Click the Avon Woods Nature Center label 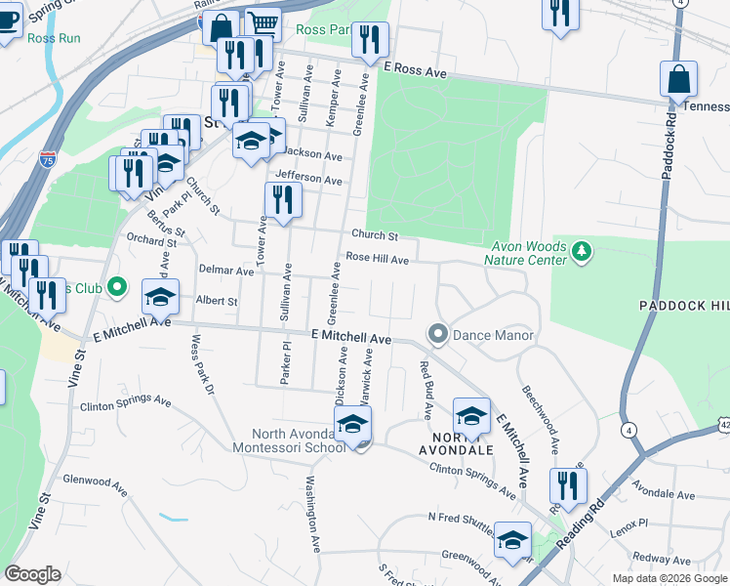(x=527, y=253)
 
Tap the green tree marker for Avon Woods (x=582, y=253)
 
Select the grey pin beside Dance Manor (x=438, y=335)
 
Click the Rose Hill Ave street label (x=376, y=260)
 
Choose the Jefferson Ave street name (x=308, y=179)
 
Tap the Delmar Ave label (x=225, y=271)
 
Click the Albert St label (x=217, y=302)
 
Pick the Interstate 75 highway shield (x=47, y=159)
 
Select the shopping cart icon (x=262, y=24)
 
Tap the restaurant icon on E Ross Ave (x=369, y=39)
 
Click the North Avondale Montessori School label (x=298, y=441)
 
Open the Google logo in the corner (x=32, y=574)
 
